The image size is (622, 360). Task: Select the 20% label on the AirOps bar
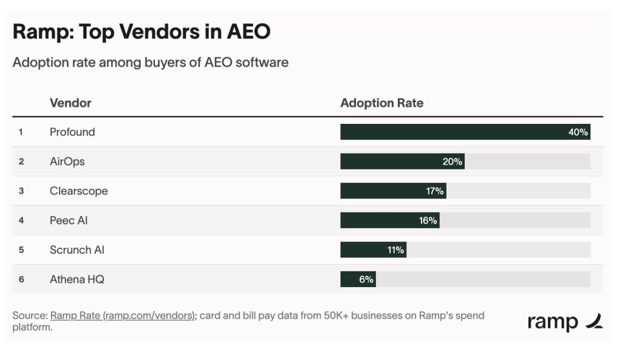pos(452,161)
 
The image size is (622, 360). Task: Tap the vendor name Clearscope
pos(78,191)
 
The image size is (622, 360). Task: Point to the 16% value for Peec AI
pos(428,220)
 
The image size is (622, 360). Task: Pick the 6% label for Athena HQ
pos(366,279)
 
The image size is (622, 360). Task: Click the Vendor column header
pos(70,103)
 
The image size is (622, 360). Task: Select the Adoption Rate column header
pos(381,103)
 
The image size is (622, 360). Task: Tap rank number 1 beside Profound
pos(21,132)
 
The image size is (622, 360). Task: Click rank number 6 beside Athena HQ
pos(21,279)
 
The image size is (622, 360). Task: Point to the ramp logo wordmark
pos(553,322)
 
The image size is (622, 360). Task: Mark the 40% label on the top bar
pos(578,132)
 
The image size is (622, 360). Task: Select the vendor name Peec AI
pos(69,220)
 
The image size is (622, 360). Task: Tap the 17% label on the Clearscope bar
pos(434,191)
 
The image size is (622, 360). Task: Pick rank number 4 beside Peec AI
pos(21,220)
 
